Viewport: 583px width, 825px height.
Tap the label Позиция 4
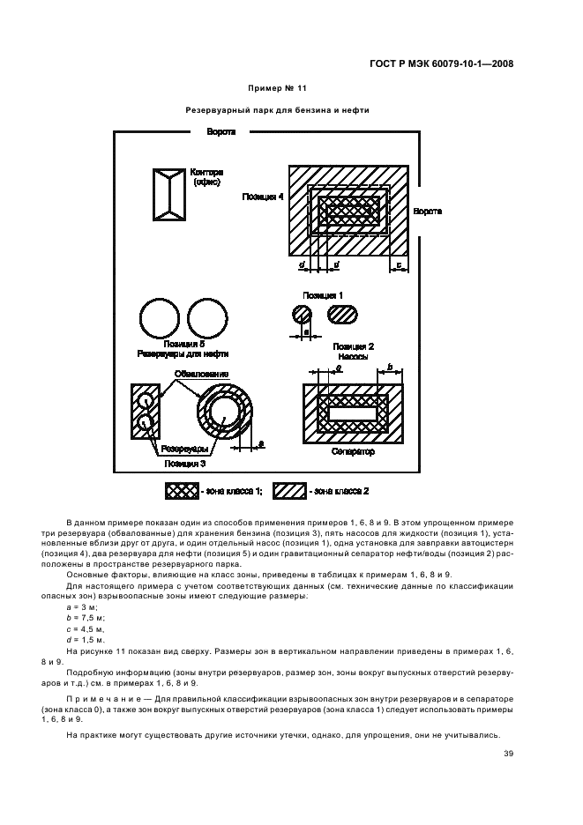coord(263,197)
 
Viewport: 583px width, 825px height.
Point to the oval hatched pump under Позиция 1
coord(342,315)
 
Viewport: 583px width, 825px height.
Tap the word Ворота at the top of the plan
coord(220,131)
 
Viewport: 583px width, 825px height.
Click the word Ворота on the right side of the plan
coord(427,212)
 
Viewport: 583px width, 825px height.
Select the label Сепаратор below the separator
coord(353,451)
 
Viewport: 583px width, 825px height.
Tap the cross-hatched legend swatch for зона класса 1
coord(182,490)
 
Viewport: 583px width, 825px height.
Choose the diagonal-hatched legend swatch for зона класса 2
coord(289,490)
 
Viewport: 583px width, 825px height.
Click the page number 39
coord(509,752)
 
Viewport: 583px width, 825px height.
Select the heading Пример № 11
coord(276,89)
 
